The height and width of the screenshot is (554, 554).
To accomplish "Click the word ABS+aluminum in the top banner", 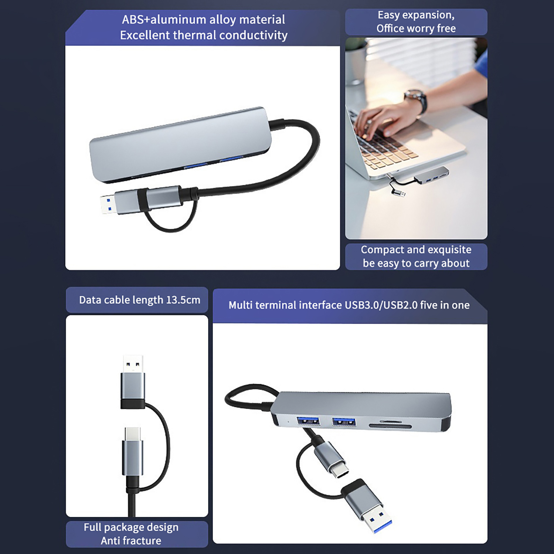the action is click(164, 20).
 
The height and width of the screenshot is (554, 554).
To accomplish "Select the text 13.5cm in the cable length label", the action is click(183, 300).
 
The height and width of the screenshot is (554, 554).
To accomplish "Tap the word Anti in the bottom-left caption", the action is click(110, 541).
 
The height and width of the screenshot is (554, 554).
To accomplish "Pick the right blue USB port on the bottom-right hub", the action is click(344, 422).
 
